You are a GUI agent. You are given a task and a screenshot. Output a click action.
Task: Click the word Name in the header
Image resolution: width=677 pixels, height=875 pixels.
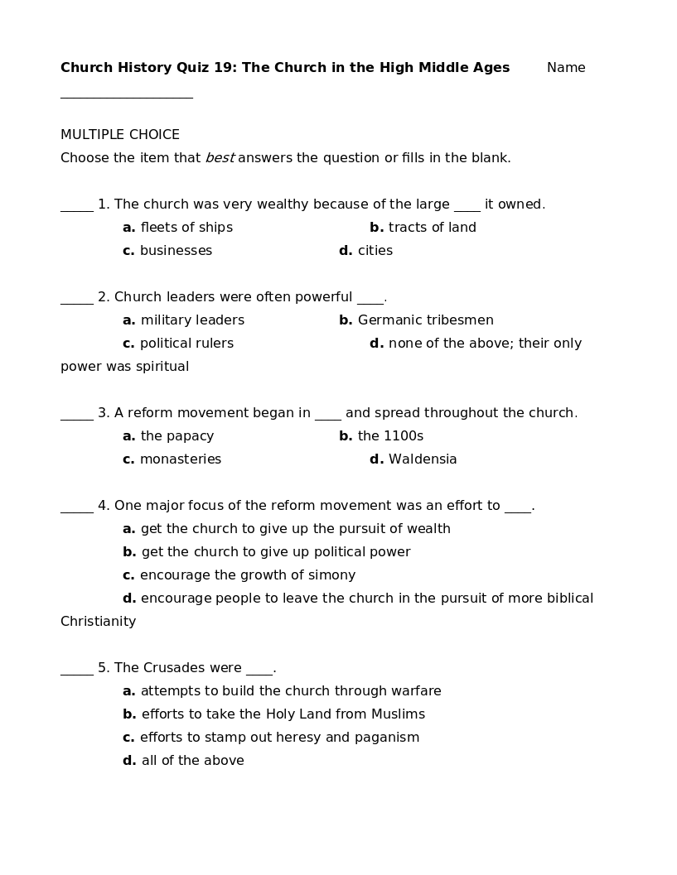[x=566, y=68]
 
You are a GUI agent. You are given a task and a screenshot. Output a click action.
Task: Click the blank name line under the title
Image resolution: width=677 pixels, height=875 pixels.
[x=126, y=97]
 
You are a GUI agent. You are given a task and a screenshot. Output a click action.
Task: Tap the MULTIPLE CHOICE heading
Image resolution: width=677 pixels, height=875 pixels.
[x=120, y=135]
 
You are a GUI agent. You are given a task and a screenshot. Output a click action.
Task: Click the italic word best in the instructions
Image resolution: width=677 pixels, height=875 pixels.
[x=220, y=158]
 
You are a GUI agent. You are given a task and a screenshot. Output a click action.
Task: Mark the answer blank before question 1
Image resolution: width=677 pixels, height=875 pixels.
[x=77, y=210]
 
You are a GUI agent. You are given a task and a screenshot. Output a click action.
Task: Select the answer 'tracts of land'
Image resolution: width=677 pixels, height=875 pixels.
[x=432, y=228]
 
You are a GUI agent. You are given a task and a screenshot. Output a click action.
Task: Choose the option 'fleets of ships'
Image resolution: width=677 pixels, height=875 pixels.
[x=186, y=228]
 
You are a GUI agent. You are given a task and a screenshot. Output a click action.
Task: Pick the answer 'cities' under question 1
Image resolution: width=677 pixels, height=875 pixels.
[x=375, y=251]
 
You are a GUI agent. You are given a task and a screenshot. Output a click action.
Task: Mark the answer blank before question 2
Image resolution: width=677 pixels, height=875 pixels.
[x=77, y=303]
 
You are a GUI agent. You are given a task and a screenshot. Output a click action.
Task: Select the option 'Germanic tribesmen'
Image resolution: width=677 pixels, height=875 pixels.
[x=425, y=320]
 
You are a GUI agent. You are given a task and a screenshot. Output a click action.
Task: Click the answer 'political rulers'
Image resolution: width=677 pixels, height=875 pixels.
[x=186, y=344]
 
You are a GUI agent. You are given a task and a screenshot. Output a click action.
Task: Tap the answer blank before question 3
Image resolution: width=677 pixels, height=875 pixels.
[x=77, y=419]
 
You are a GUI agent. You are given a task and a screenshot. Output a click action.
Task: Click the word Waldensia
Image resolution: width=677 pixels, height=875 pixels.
[x=423, y=459]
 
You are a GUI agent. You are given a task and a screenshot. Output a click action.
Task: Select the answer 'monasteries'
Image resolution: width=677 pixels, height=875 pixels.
[x=181, y=459]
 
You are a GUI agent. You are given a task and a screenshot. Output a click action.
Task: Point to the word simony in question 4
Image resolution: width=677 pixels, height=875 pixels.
[x=331, y=575]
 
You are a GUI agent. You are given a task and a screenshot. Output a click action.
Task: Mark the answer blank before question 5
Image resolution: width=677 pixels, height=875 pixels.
[x=77, y=674]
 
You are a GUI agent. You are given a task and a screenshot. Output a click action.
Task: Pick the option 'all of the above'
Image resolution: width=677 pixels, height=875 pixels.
[x=192, y=761]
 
